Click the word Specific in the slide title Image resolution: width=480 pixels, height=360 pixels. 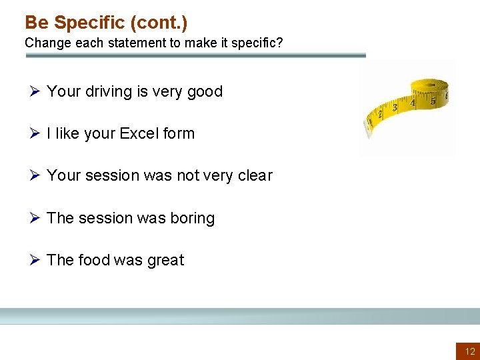(89, 23)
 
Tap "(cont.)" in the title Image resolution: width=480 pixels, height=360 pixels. (159, 23)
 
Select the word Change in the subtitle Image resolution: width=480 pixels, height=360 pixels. (44, 43)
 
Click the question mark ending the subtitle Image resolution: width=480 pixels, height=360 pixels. (279, 43)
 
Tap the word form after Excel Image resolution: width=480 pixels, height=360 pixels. (179, 133)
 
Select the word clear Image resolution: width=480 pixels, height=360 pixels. (255, 175)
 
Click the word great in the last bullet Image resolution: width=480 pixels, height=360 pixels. (165, 260)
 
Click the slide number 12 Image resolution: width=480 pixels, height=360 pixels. (470, 351)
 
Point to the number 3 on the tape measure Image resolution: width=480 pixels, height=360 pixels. (394, 107)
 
